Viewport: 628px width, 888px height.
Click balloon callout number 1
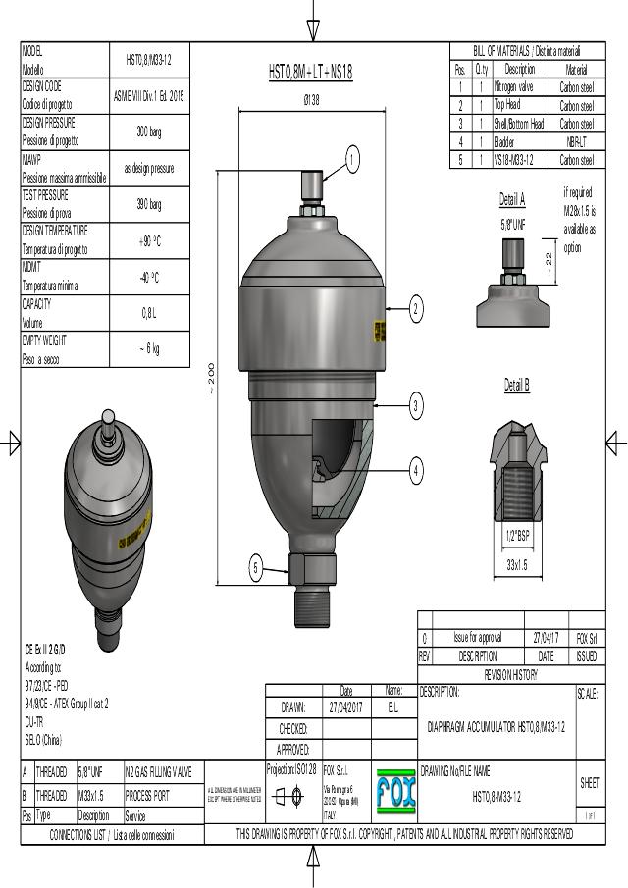[352, 159]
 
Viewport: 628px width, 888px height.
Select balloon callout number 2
[416, 309]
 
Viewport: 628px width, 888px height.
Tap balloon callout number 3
[416, 404]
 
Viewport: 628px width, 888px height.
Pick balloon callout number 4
[416, 471]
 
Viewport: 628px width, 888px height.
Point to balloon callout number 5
[255, 566]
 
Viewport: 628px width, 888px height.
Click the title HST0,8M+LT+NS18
[311, 72]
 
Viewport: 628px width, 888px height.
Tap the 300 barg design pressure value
[149, 131]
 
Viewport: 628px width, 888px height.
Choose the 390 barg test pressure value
[149, 204]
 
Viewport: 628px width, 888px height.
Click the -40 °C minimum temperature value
[149, 277]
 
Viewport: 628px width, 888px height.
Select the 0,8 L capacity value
[149, 313]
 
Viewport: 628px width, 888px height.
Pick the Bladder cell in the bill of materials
[506, 141]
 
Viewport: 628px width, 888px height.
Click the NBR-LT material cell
[576, 141]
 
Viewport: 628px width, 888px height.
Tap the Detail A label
[512, 200]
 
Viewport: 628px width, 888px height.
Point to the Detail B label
[517, 386]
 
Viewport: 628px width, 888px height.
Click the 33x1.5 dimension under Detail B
[517, 566]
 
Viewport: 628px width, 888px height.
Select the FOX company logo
[394, 791]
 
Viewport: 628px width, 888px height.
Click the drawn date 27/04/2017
[345, 707]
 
